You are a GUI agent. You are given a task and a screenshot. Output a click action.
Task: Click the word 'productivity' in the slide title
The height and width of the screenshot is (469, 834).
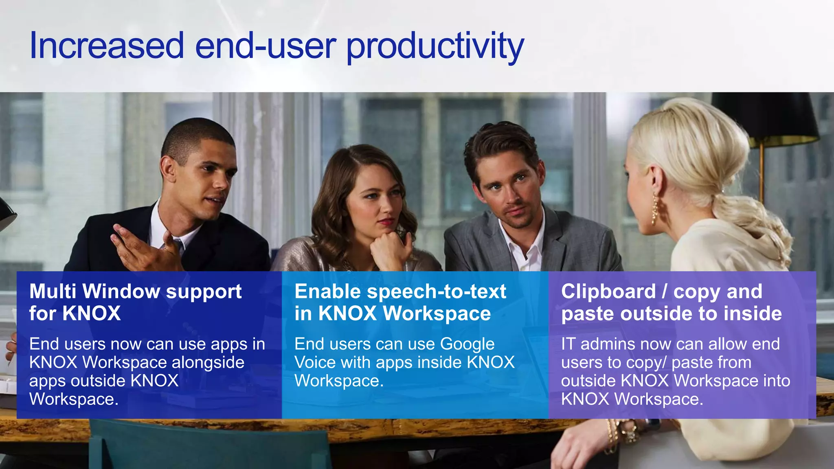pos(435,47)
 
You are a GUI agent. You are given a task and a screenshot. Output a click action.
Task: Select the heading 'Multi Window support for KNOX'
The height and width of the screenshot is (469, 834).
pos(135,302)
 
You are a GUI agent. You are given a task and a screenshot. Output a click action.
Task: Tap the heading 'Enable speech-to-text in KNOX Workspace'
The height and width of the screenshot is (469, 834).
pos(400,302)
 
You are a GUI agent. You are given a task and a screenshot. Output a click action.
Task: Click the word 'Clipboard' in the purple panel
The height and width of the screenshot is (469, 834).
pos(608,291)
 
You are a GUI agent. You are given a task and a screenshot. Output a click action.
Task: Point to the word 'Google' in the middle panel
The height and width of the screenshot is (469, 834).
pos(467,344)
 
